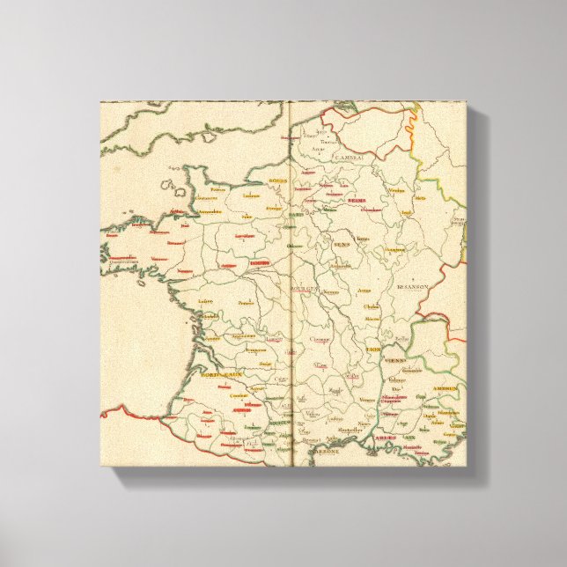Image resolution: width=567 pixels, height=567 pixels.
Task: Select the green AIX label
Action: pos(409,437)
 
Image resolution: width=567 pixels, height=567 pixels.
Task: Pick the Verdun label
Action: pos(373,190)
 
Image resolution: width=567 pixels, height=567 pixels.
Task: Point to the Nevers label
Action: pos(332,292)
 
